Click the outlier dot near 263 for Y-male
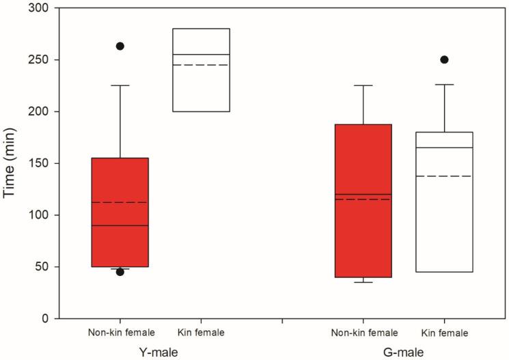pos(120,46)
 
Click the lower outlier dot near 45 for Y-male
pos(120,272)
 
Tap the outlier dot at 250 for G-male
pos(444,59)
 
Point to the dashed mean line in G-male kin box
pos(444,176)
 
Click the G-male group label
pos(404,352)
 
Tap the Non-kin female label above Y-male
pos(121,333)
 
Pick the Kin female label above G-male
pos(445,333)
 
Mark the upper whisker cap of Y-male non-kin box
pos(120,85)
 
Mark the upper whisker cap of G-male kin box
pos(444,85)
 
